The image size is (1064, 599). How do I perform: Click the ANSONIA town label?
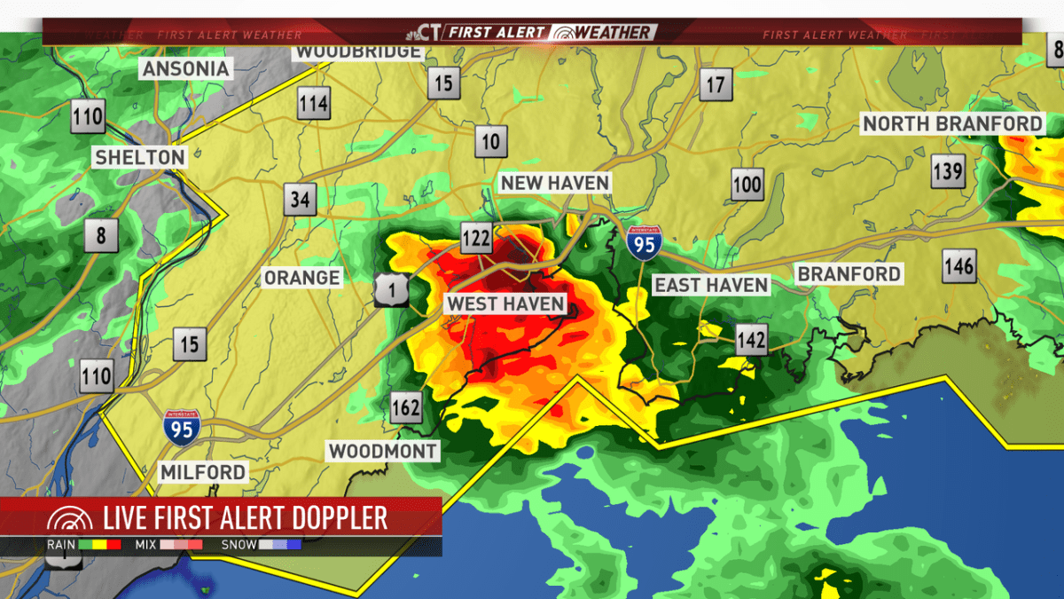(186, 68)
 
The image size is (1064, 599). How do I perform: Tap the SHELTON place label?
(140, 158)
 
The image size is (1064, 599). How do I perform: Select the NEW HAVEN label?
(555, 183)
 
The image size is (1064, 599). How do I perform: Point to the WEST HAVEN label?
(505, 304)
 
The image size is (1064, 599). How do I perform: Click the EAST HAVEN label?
(711, 285)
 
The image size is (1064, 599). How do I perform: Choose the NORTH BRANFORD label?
(953, 123)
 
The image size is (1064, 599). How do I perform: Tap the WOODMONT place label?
(383, 452)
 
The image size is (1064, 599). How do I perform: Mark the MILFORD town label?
(203, 472)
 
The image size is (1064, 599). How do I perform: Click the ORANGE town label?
(301, 278)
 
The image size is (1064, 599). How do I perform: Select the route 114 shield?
(314, 104)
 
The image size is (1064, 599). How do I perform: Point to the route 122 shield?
(475, 237)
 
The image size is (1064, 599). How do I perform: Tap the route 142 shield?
(751, 338)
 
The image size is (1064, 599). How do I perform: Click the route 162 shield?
(406, 408)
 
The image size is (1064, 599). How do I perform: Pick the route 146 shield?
(958, 265)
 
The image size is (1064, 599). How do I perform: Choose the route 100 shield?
(747, 185)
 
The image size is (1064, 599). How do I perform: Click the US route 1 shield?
(389, 289)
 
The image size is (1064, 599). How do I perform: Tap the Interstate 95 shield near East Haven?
(643, 241)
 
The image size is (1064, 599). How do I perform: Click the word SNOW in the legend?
(239, 544)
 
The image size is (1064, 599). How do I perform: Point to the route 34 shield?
(301, 199)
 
